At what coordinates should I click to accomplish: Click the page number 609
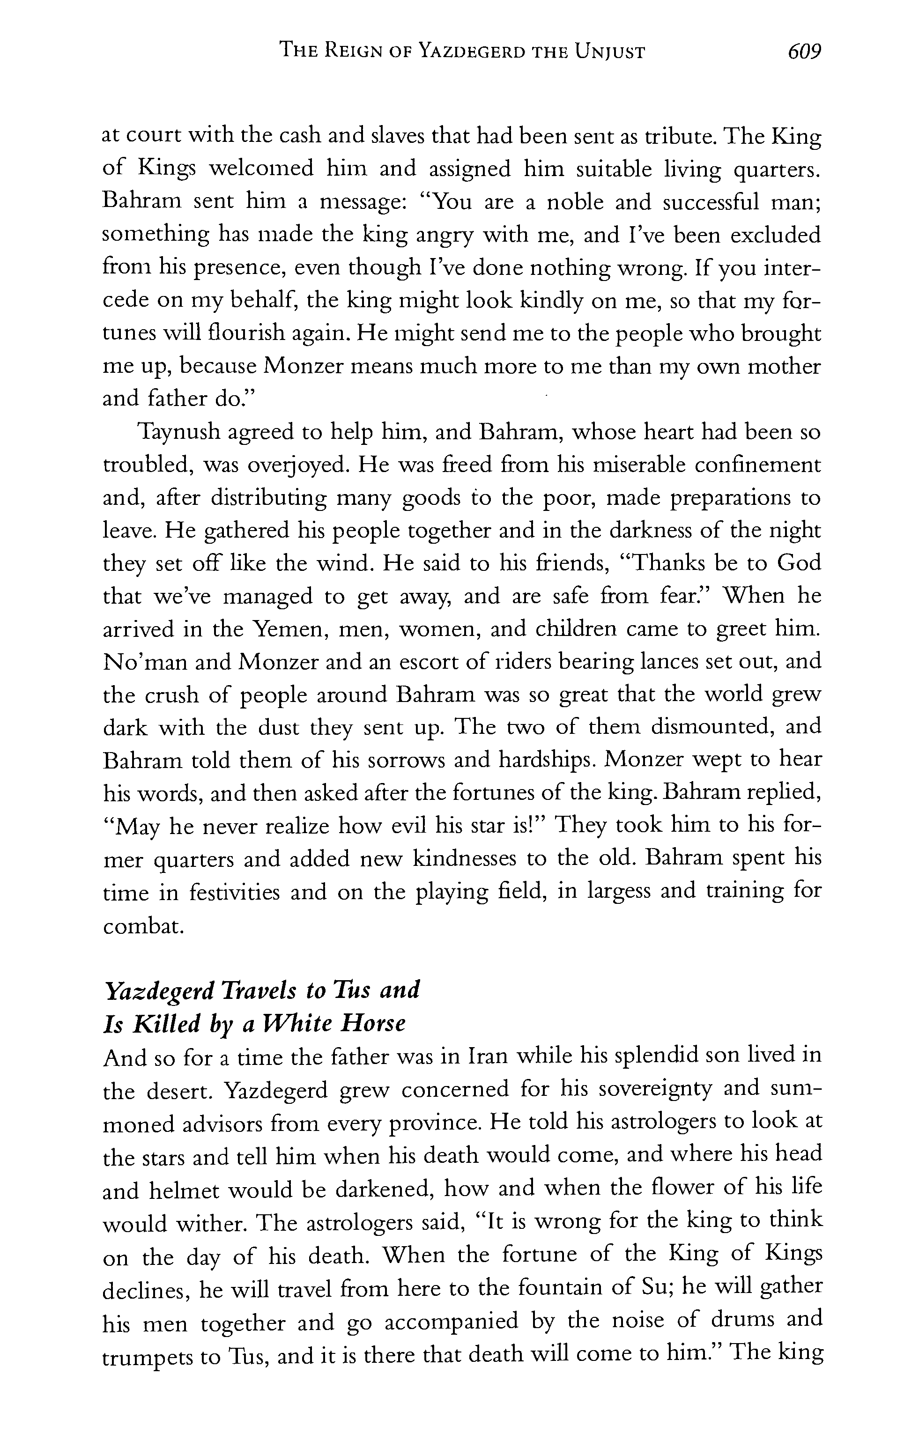tap(804, 52)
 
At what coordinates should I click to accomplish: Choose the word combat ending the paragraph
tap(142, 926)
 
